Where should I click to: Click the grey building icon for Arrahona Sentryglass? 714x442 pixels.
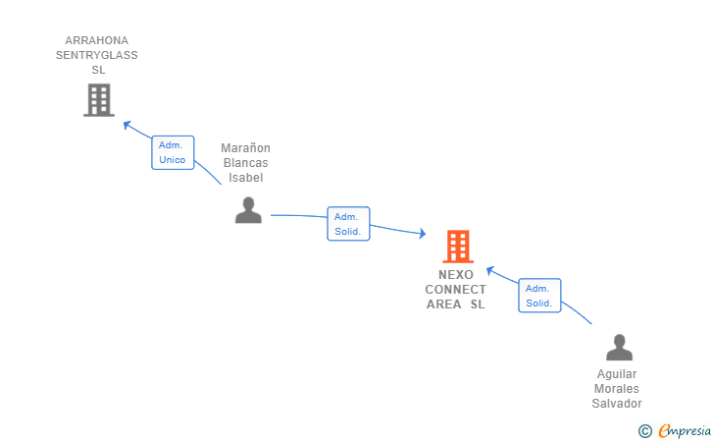pos(99,100)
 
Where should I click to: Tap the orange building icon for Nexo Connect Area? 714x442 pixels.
pos(458,247)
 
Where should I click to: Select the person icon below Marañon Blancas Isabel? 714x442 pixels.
pos(248,210)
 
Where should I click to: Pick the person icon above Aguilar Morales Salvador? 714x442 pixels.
pos(619,347)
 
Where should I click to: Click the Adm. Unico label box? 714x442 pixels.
pos(173,152)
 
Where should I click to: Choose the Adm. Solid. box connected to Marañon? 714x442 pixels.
pos(348,224)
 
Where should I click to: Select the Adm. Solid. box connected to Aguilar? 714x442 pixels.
pos(539,295)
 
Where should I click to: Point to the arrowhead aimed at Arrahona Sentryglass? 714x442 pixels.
pos(127,124)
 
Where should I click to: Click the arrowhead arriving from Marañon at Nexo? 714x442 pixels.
pos(423,234)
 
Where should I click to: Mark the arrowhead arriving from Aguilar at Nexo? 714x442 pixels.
pos(490,270)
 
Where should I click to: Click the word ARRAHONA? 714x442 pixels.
pos(96,40)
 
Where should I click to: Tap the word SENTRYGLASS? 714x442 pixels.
pos(96,55)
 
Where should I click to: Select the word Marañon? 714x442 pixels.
pos(245,148)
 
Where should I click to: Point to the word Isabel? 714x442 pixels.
pos(245,178)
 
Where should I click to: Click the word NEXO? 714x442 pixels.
pos(456,275)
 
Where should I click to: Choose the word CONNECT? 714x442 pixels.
pos(455,289)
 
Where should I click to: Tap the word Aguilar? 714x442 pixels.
pos(617,374)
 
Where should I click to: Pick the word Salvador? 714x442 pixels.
pos(617,404)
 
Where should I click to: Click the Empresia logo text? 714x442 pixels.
pos(685,430)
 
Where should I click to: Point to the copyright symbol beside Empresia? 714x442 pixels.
pos(645,431)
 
